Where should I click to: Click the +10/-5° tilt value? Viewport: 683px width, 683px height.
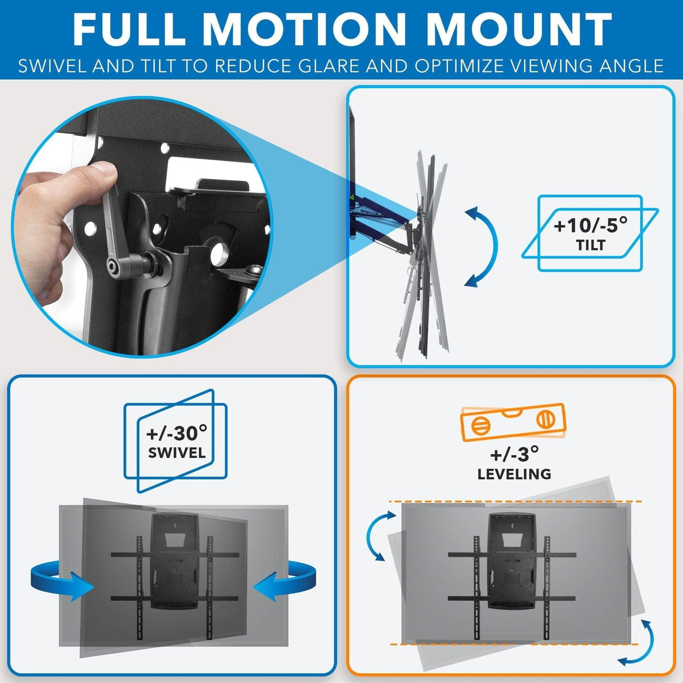[x=590, y=226]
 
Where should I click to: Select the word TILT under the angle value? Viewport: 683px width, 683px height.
[x=590, y=245]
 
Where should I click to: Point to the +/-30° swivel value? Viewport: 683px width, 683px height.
[x=176, y=433]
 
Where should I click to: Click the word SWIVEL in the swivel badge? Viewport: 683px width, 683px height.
[x=177, y=453]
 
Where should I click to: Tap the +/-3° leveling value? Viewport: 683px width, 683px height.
[x=514, y=453]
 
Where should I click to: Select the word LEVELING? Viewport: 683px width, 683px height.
[x=514, y=474]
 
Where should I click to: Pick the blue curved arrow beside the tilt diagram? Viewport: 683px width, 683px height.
[x=483, y=246]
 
